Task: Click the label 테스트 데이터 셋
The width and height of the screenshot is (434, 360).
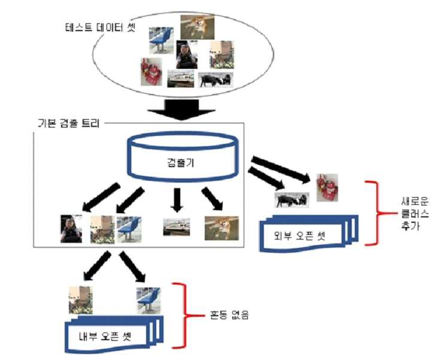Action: point(100,28)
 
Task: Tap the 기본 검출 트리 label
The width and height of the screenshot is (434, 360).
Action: point(69,123)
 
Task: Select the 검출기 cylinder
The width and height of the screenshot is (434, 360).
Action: point(183,156)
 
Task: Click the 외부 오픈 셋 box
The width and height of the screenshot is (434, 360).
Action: point(309,234)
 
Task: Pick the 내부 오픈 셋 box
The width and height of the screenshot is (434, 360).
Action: point(114,334)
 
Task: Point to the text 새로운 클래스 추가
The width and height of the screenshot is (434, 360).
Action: point(415,213)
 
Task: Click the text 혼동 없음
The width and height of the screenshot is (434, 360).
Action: point(229,315)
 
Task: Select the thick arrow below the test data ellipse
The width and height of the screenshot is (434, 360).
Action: point(181,110)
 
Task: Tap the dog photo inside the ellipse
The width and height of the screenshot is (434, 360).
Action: point(198,27)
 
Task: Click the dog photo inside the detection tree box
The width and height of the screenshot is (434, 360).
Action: point(221,228)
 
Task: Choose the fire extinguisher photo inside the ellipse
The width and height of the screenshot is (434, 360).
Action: point(151,71)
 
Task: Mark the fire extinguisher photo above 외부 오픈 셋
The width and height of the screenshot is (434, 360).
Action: point(327,187)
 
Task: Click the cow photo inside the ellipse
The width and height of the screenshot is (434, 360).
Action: point(216,80)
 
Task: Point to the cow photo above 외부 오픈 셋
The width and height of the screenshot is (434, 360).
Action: point(292,199)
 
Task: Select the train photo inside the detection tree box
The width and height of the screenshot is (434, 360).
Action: point(177,227)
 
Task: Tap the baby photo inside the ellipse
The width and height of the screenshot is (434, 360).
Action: point(187,55)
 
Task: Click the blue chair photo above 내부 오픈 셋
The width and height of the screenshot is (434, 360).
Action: point(148,301)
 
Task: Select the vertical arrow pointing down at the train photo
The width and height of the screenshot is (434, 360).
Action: point(177,200)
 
